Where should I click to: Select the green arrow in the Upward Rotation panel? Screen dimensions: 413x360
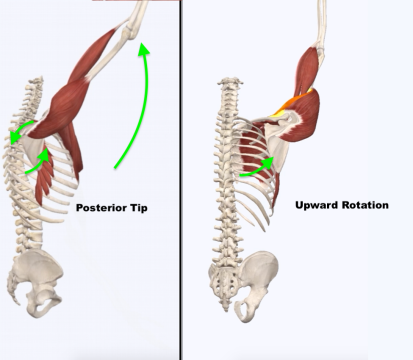point(258,166)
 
